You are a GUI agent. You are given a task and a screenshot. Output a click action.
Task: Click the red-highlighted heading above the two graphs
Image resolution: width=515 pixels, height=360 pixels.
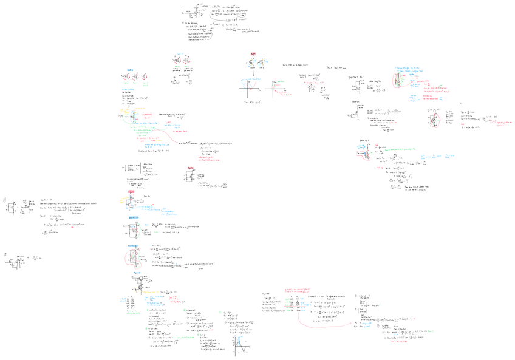(252, 55)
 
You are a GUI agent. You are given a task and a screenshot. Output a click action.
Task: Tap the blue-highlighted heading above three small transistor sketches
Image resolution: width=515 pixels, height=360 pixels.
(130, 70)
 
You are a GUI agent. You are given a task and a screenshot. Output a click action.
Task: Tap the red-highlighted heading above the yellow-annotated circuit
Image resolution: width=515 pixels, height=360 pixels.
(131, 192)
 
